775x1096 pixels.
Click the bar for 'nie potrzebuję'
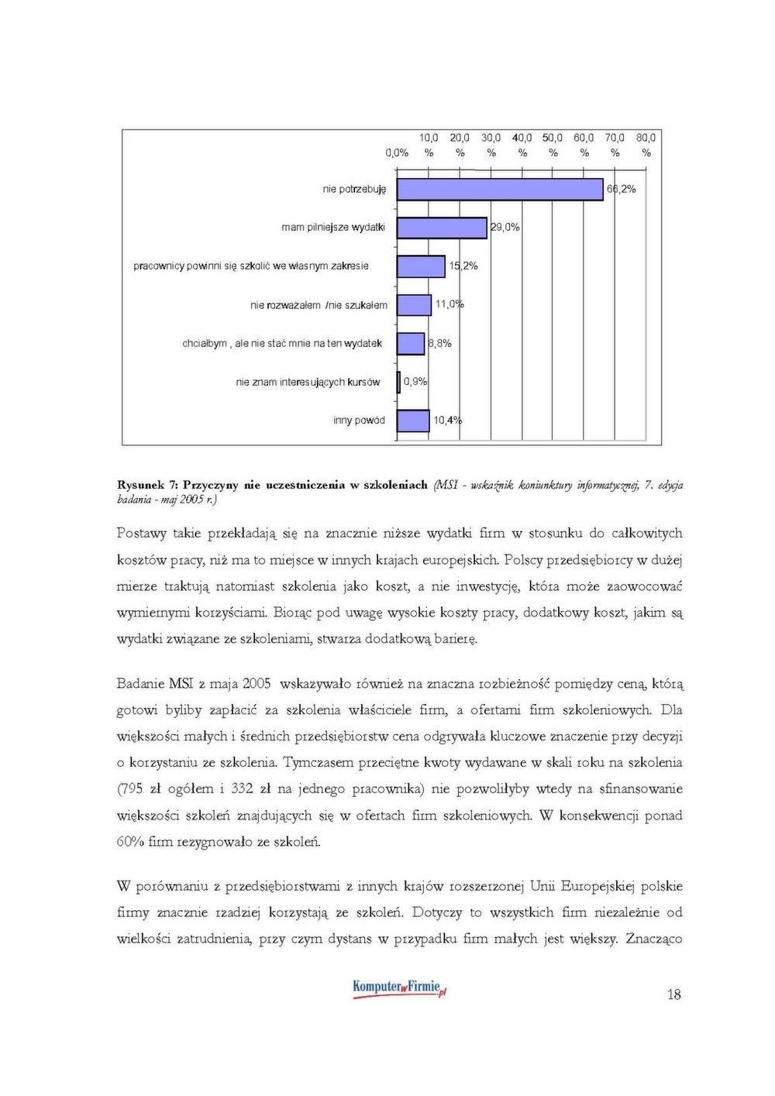[500, 189]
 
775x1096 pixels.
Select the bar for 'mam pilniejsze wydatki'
[442, 228]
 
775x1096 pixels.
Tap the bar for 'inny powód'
[413, 421]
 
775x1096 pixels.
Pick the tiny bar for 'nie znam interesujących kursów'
[399, 382]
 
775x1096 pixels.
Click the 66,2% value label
[622, 189]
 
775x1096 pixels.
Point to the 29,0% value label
[505, 227]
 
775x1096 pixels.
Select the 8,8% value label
[440, 343]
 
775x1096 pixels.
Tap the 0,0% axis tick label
[397, 153]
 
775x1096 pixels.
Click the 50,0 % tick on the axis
[553, 145]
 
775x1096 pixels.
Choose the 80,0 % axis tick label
[646, 145]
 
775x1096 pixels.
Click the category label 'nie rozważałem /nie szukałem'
[319, 305]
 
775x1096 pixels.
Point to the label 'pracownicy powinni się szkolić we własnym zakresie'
[251, 266]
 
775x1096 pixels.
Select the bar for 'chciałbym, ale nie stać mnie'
[411, 343]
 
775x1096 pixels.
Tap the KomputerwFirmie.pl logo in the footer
[399, 988]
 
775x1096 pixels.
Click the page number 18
[673, 995]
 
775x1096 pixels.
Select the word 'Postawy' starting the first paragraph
[142, 534]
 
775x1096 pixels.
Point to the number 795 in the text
[132, 789]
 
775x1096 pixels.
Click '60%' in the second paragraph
[130, 842]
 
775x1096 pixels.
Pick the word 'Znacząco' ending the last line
[654, 940]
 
